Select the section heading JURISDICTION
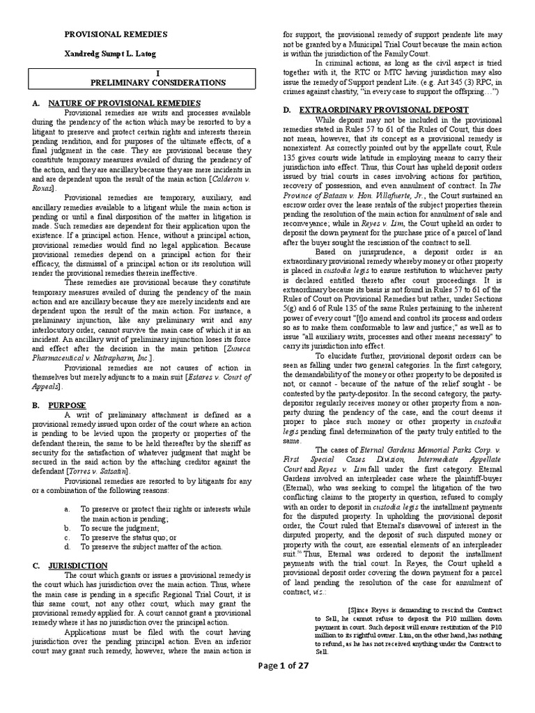pyautogui.click(x=78, y=565)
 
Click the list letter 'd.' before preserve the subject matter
pyautogui.click(x=66, y=547)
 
